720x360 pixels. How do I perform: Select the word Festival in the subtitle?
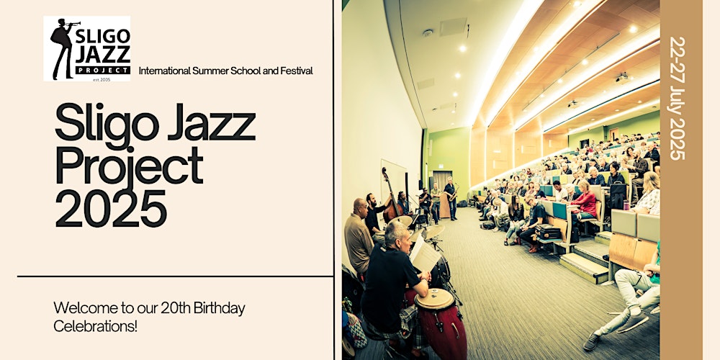(294, 71)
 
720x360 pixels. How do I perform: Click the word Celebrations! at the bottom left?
(95, 326)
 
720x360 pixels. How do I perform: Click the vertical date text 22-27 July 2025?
(678, 98)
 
